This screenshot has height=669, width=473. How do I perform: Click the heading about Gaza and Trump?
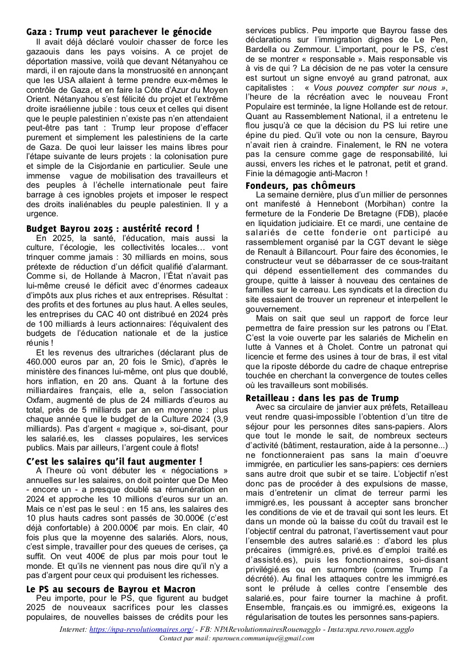click(119, 32)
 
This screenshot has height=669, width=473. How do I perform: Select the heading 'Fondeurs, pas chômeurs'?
click(300, 185)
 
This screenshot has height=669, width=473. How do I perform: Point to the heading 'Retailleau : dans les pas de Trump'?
click(322, 398)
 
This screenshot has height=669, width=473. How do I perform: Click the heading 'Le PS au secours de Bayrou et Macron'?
click(111, 589)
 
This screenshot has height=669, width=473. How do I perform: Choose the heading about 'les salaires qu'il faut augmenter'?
click(115, 461)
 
